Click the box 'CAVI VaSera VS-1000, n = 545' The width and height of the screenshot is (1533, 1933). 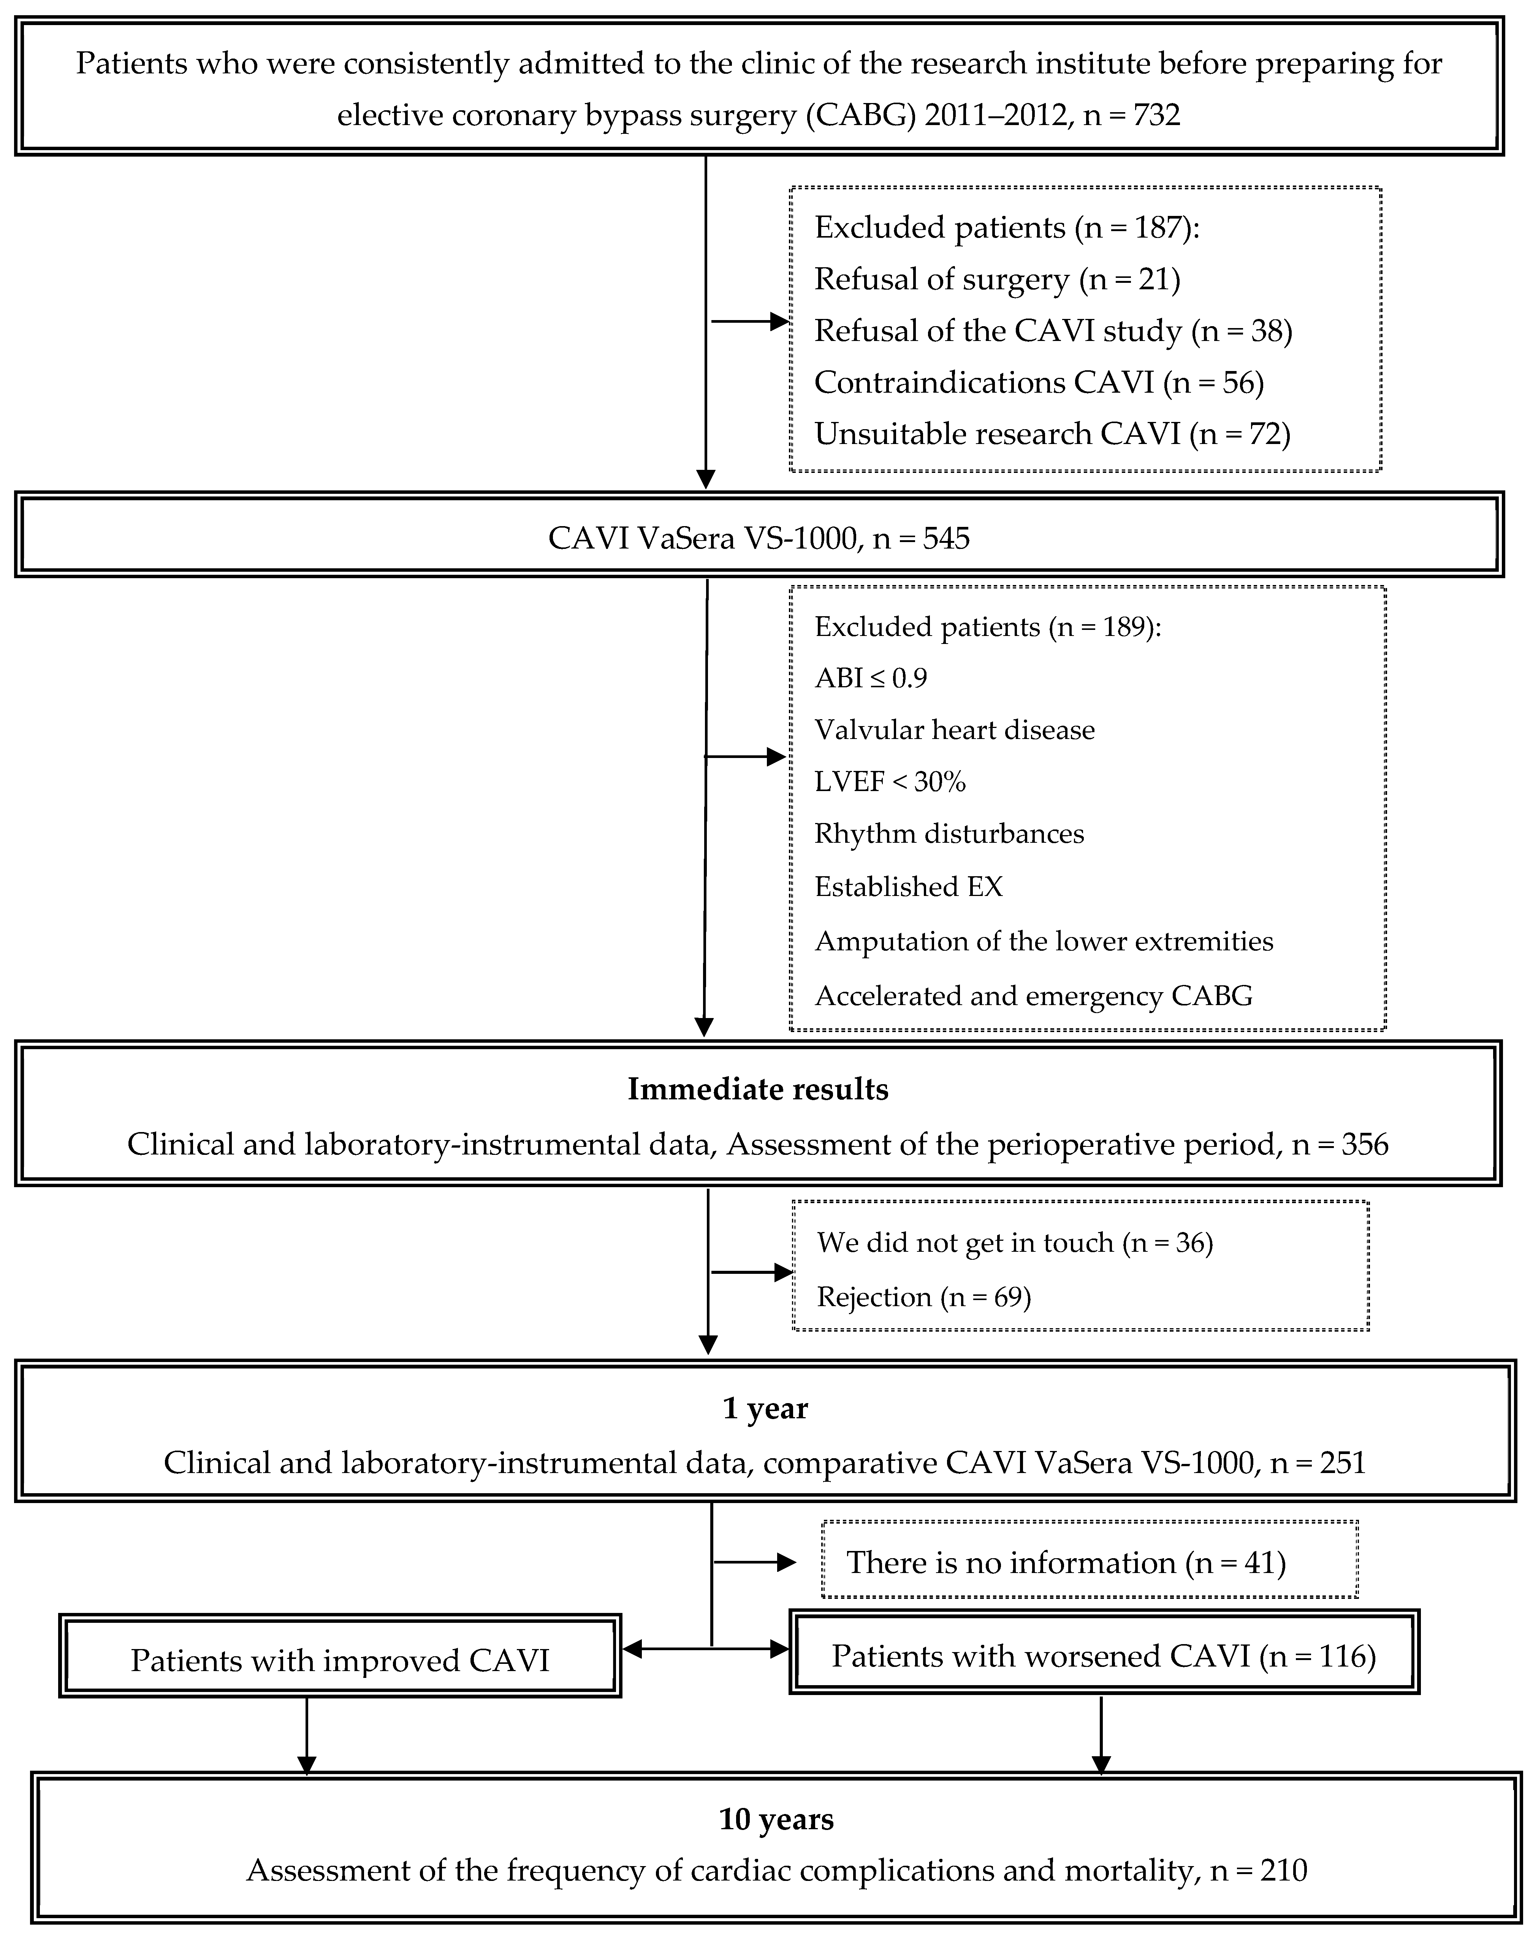coord(759,538)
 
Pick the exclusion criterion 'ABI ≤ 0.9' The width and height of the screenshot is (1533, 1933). coord(871,678)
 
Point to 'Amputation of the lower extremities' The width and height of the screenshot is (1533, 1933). coord(1044,941)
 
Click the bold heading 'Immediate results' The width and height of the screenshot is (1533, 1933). coord(757,1088)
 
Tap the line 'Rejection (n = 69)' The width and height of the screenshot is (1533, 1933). coord(923,1296)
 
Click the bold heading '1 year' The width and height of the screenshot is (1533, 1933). coord(765,1408)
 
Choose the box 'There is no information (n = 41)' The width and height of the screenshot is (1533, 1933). coord(1089,1563)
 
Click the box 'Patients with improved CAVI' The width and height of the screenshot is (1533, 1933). coord(340,1660)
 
